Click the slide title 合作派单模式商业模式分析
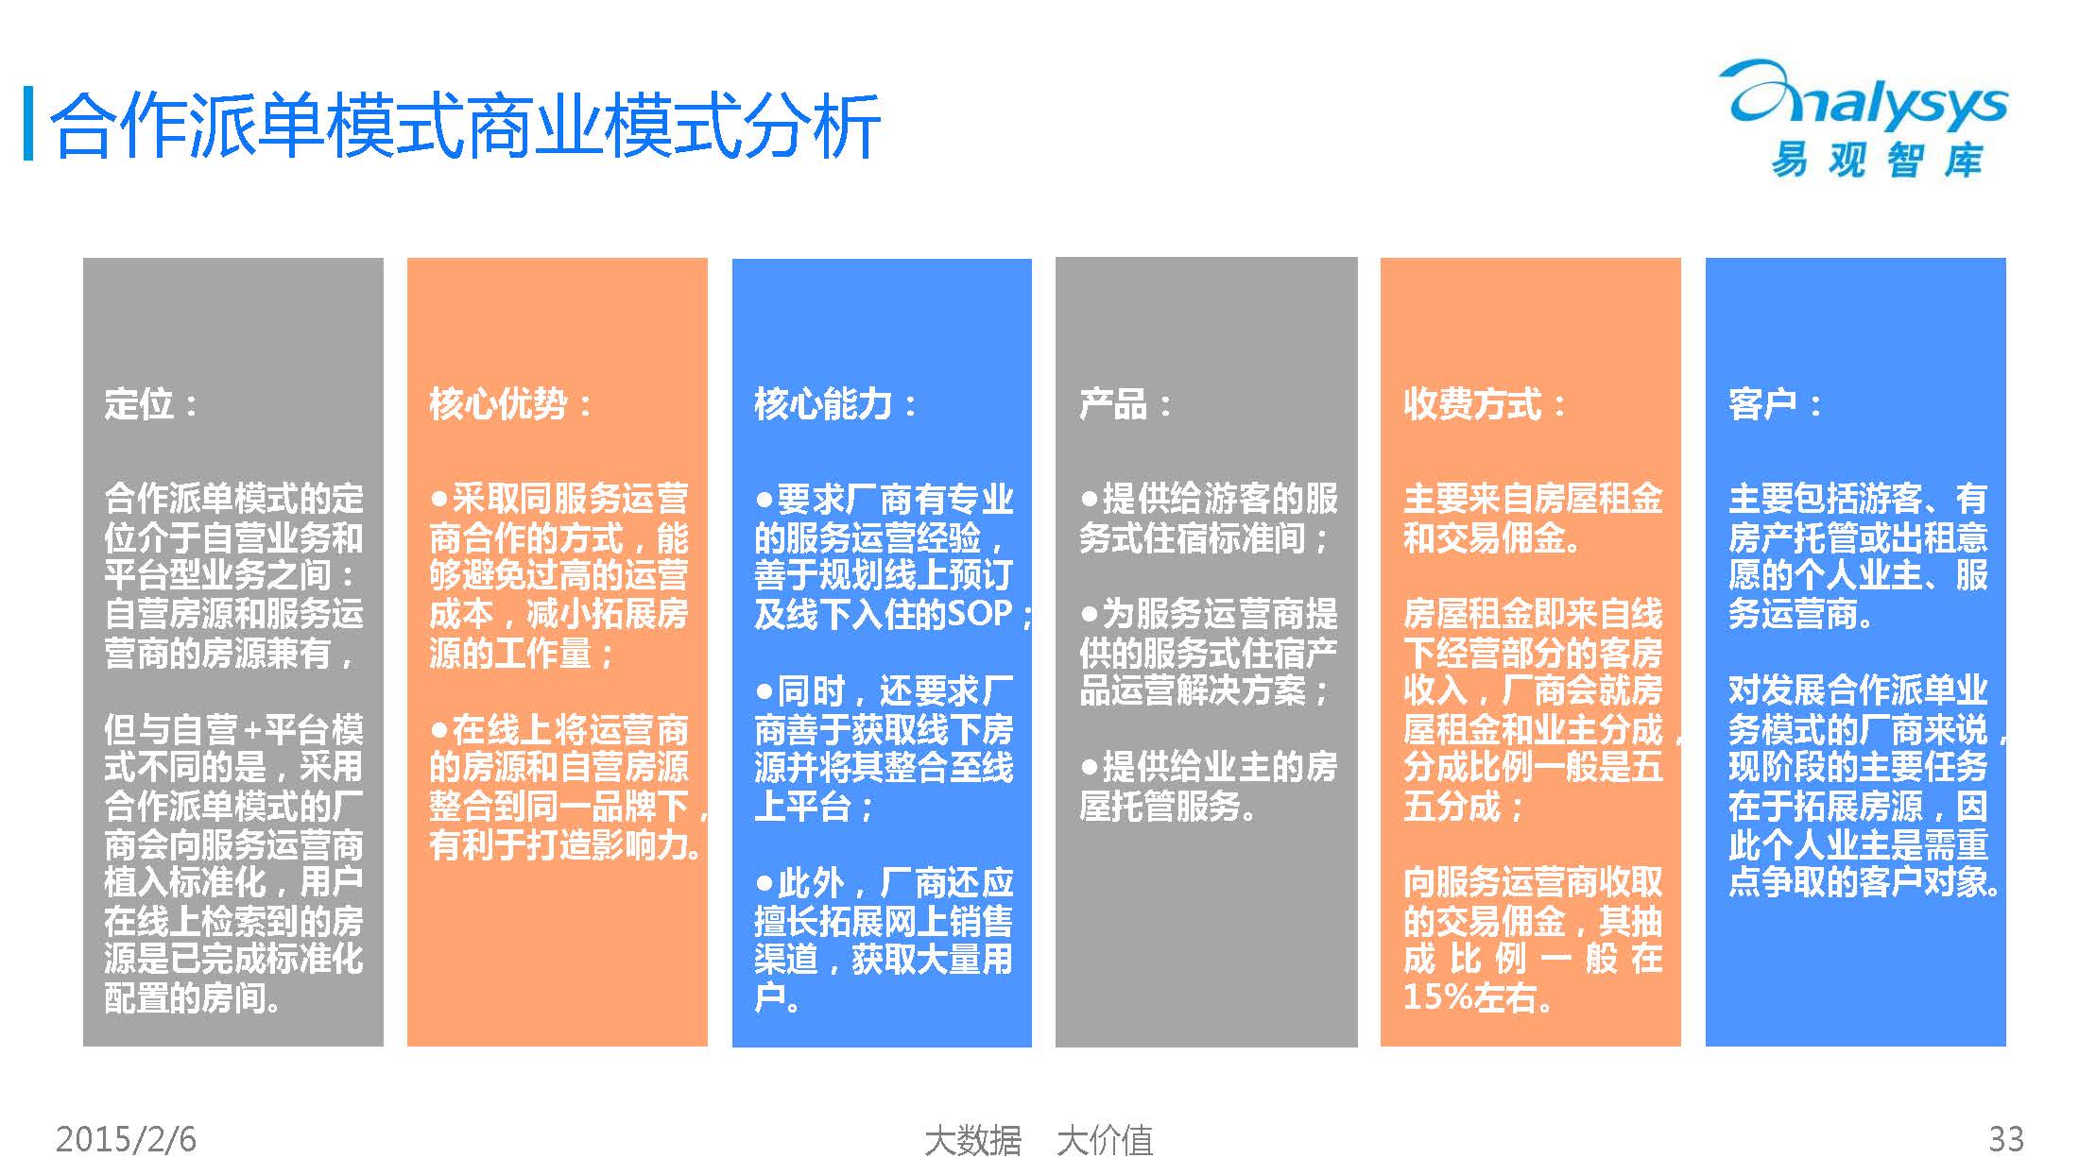click(465, 126)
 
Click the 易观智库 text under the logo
click(1877, 160)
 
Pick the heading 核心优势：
click(510, 404)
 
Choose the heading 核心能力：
click(835, 404)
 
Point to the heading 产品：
click(1125, 404)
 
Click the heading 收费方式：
click(1485, 404)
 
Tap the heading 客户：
click(1775, 404)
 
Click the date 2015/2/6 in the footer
click(126, 1139)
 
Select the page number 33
click(2005, 1139)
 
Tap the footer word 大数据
click(973, 1140)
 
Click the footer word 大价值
click(1105, 1140)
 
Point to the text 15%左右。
click(1478, 997)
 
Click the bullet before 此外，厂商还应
click(765, 883)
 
